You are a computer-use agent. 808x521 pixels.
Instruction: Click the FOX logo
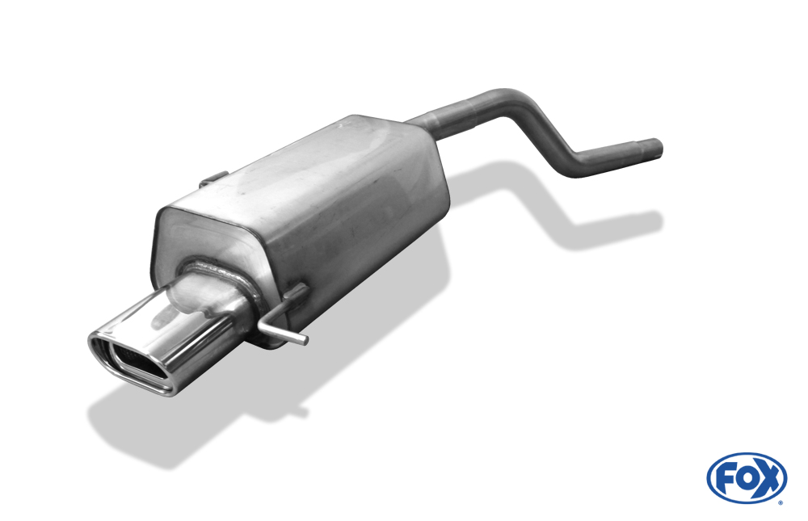click(x=747, y=478)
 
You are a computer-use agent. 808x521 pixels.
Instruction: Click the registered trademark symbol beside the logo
click(x=781, y=502)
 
